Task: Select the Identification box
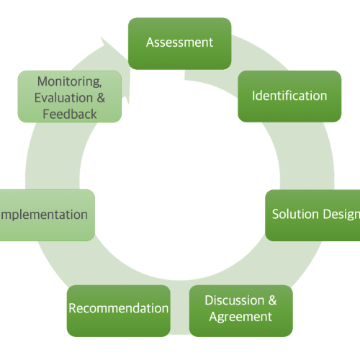click(x=289, y=96)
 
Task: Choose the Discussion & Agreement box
click(x=240, y=310)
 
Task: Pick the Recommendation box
click(x=119, y=310)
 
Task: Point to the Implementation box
click(x=45, y=215)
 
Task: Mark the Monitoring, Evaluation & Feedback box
click(x=70, y=97)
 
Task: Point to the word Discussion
click(x=233, y=300)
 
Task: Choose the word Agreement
click(x=240, y=318)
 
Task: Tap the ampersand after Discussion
click(x=271, y=300)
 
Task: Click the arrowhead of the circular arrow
click(x=108, y=48)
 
